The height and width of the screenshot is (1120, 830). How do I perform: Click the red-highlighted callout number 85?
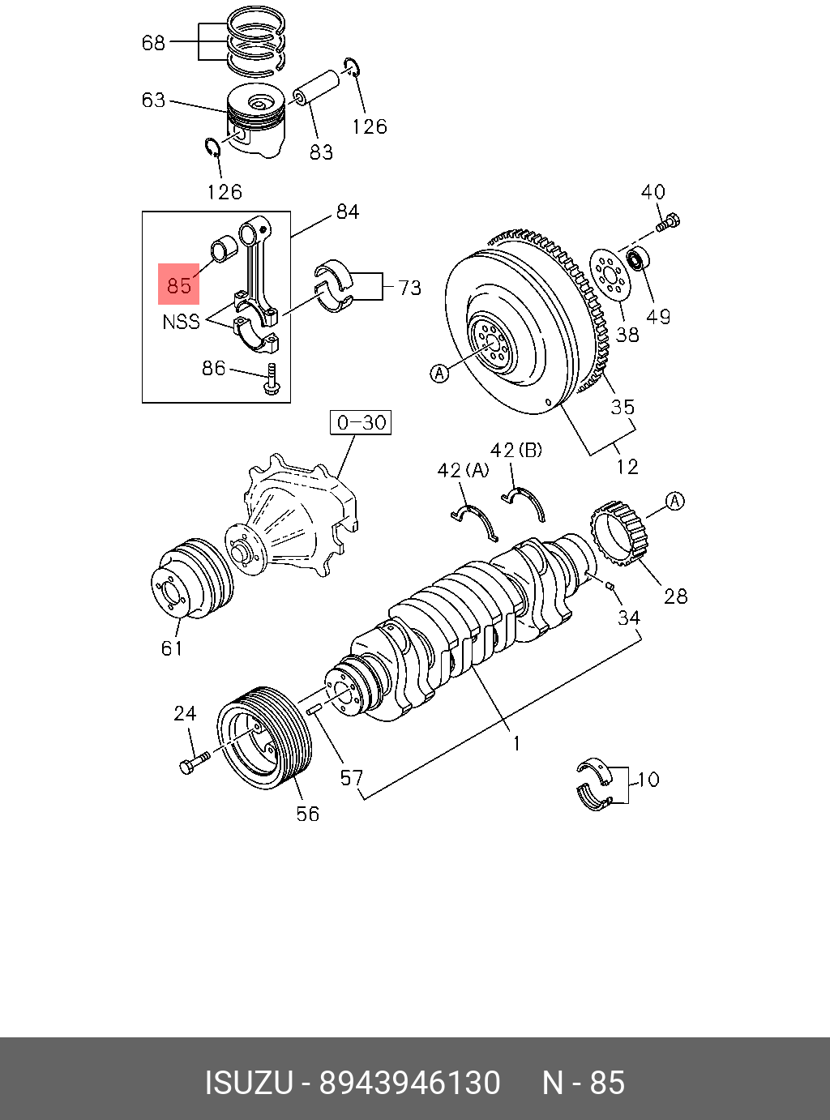point(178,284)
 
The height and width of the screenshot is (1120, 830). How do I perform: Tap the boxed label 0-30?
point(361,423)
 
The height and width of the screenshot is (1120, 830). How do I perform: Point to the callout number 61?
point(172,648)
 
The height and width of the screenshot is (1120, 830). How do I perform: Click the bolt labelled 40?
point(669,221)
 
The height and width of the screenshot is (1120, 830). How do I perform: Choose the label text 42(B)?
point(516,450)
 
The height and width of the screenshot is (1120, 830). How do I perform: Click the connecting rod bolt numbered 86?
point(272,380)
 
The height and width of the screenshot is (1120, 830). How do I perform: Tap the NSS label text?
point(181,322)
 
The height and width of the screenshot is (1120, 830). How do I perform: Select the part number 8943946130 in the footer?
point(409,1083)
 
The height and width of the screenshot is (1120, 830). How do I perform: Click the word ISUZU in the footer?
point(248,1083)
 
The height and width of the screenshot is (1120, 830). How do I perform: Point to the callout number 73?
point(410,288)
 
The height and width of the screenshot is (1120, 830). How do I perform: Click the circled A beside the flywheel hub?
point(439,373)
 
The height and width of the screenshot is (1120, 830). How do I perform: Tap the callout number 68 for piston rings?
point(153,42)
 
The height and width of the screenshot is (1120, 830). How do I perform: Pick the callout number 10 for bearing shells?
point(648,780)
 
